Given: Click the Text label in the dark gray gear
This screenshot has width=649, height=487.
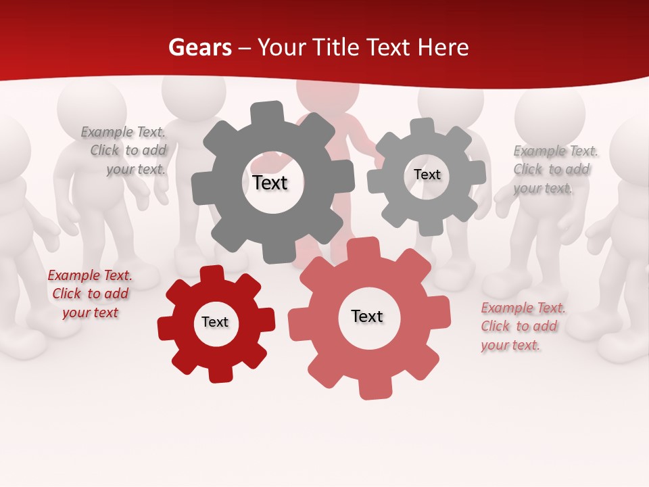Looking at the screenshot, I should [270, 183].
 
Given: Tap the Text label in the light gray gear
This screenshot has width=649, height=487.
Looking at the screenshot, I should [427, 175].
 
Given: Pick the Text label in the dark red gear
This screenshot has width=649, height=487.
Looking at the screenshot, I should [215, 322].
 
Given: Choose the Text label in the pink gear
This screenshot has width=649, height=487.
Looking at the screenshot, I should [367, 316].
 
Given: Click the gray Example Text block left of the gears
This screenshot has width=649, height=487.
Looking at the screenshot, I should [124, 151].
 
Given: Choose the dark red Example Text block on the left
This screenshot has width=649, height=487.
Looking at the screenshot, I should [90, 294].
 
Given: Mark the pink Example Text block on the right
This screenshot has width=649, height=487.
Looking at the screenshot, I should [523, 327].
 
